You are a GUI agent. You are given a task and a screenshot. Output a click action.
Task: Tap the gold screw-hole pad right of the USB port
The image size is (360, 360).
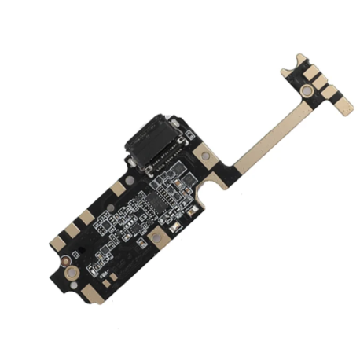(205, 156)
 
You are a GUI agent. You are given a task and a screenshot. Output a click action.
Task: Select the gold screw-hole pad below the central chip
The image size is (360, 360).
(156, 234)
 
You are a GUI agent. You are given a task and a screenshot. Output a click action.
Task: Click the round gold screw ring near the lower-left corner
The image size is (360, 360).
(71, 272)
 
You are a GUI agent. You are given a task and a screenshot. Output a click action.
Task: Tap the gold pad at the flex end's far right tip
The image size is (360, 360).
(343, 107)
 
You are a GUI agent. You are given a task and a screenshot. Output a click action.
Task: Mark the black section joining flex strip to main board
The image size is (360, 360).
(223, 168)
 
